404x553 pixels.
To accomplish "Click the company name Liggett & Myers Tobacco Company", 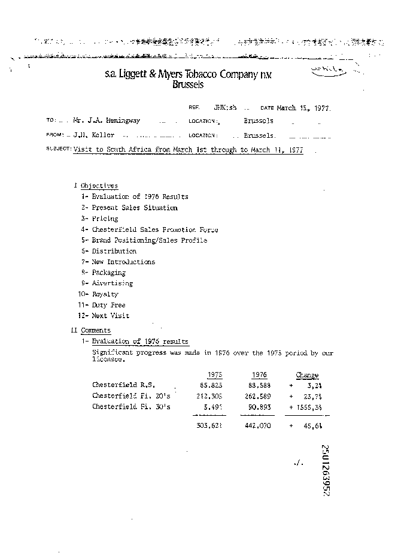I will (x=187, y=74).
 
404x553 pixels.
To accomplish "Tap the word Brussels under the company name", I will (x=187, y=85).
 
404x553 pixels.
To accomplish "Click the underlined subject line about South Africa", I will (x=188, y=150).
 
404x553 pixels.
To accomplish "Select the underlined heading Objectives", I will (x=99, y=186).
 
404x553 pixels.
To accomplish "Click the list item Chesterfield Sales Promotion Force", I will (x=154, y=229).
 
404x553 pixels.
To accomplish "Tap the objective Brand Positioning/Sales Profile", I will (x=149, y=240).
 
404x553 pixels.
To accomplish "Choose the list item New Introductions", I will (x=123, y=262).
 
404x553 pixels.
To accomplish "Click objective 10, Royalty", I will (x=105, y=294).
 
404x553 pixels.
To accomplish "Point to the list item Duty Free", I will (x=108, y=305).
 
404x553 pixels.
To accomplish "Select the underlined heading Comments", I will (x=96, y=330).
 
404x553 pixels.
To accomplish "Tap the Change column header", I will (x=307, y=375).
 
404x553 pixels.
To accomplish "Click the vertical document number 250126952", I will (x=327, y=470).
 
